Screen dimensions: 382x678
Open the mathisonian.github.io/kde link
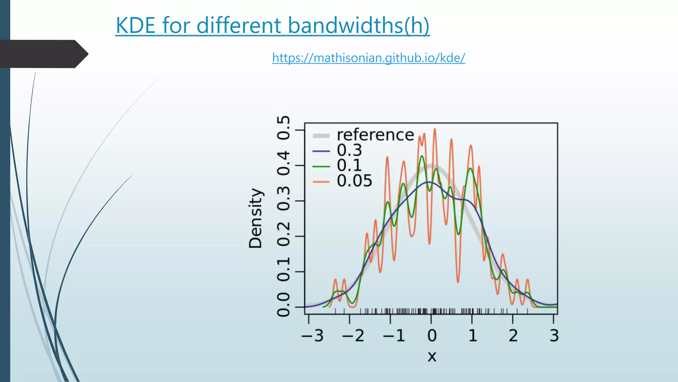coord(368,58)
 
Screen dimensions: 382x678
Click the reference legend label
coord(375,135)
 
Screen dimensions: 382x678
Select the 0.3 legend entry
coord(349,150)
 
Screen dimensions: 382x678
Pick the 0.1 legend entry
coord(349,165)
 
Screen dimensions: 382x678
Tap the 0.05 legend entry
coord(354,181)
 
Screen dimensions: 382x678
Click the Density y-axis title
coord(255,218)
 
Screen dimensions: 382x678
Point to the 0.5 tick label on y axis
coord(283,128)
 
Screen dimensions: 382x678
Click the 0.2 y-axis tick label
coord(283,234)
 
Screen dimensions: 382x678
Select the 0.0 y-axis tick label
coord(283,305)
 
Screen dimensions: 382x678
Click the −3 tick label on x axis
coord(312,336)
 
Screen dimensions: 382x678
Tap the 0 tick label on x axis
coord(432,336)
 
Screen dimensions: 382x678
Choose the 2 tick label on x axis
coord(513,336)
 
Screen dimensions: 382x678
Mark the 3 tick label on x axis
coord(554,336)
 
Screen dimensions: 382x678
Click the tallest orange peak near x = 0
coord(435,130)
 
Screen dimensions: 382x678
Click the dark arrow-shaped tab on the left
coord(43,54)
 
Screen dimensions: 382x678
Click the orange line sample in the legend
coord(321,182)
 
